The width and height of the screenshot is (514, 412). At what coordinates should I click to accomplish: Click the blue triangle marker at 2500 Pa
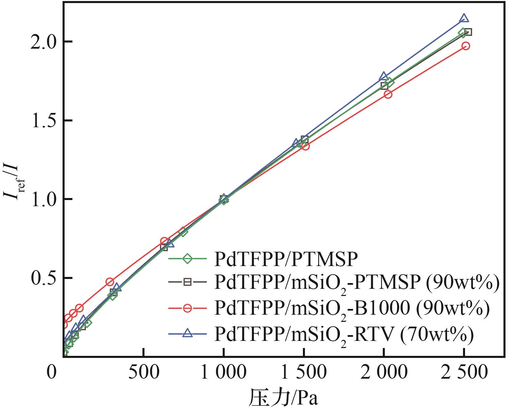click(464, 19)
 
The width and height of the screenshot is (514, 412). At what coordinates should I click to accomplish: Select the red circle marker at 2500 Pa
click(466, 46)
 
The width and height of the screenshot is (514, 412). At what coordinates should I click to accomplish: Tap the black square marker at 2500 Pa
click(468, 32)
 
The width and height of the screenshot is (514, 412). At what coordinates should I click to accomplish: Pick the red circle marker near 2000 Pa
click(388, 94)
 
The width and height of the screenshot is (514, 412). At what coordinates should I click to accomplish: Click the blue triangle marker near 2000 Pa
click(384, 76)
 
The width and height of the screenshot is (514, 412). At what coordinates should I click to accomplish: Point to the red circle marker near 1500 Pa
click(305, 146)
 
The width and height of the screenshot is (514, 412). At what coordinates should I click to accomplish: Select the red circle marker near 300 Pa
click(109, 282)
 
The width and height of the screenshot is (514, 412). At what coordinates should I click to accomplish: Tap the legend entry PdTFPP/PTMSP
click(286, 259)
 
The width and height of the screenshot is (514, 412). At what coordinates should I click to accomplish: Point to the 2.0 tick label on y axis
click(42, 42)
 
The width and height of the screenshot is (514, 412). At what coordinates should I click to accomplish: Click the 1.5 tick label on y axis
click(42, 121)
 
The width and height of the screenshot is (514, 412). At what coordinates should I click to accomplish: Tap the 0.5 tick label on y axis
click(42, 278)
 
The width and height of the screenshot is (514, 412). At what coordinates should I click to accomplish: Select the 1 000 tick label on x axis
click(223, 373)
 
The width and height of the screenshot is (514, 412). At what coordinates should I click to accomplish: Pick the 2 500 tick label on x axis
click(464, 373)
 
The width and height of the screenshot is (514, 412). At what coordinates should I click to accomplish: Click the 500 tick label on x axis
click(144, 373)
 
